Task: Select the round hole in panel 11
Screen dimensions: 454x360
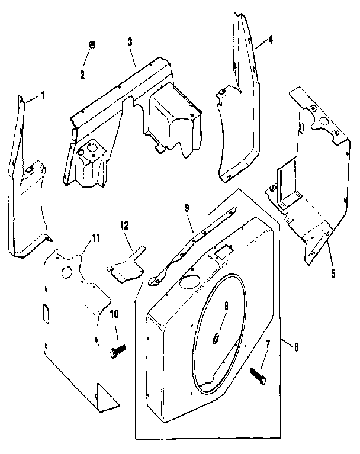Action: pyautogui.click(x=66, y=273)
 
